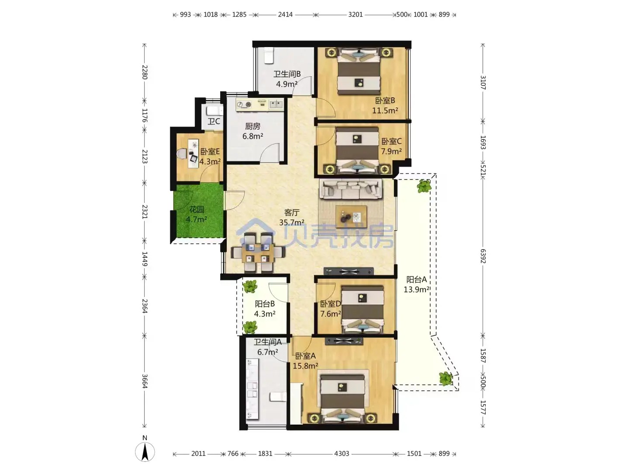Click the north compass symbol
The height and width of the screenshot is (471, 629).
(x=145, y=452)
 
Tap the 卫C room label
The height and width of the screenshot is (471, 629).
(x=214, y=122)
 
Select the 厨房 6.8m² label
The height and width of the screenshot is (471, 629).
(x=253, y=131)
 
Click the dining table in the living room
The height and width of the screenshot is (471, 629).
(x=258, y=253)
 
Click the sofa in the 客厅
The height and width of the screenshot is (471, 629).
(x=351, y=189)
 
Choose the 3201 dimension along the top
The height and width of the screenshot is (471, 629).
(x=355, y=14)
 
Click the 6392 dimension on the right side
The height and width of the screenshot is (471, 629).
(x=483, y=256)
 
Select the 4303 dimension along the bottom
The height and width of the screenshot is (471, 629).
(x=342, y=454)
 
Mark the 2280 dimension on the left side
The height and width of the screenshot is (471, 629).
(x=145, y=72)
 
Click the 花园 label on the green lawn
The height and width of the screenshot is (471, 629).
(x=197, y=210)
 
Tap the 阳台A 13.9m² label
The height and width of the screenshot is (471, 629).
(x=416, y=284)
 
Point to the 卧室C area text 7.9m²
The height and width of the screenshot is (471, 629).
(x=391, y=151)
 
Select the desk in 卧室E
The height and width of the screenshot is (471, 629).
(x=194, y=153)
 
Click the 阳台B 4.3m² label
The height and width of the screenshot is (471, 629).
(x=265, y=309)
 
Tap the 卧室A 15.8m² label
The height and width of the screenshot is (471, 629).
(x=305, y=361)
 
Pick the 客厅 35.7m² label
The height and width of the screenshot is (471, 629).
(x=292, y=217)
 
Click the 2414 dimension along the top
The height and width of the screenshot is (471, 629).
(x=285, y=14)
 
